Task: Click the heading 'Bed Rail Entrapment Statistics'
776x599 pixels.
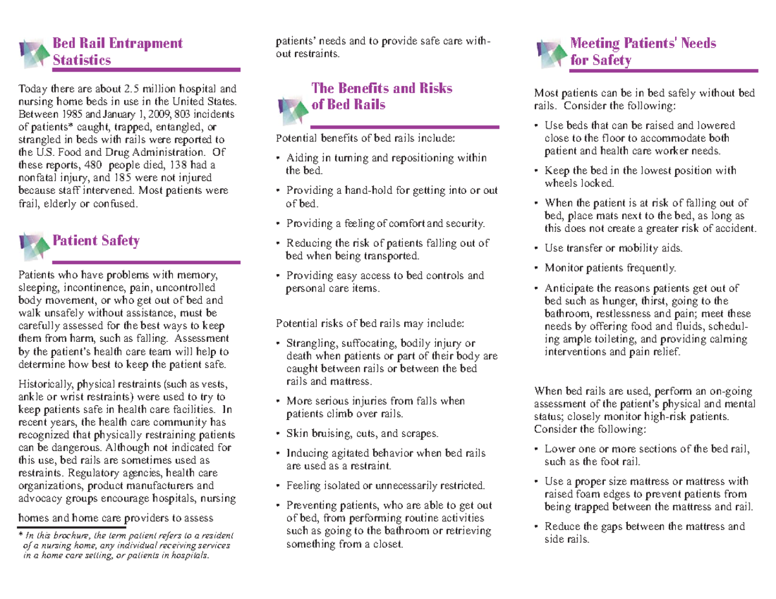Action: pyautogui.click(x=117, y=52)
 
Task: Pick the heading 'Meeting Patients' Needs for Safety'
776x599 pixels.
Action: pyautogui.click(x=643, y=52)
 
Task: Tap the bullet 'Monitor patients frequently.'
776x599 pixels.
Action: pyautogui.click(x=610, y=267)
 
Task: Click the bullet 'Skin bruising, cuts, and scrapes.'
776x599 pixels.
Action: pyautogui.click(x=361, y=433)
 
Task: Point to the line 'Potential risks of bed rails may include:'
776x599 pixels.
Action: pyautogui.click(x=370, y=323)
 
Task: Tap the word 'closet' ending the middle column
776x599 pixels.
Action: pyautogui.click(x=384, y=544)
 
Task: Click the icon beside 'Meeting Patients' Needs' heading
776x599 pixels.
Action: pyautogui.click(x=552, y=52)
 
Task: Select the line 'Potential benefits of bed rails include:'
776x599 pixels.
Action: pyautogui.click(x=365, y=138)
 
